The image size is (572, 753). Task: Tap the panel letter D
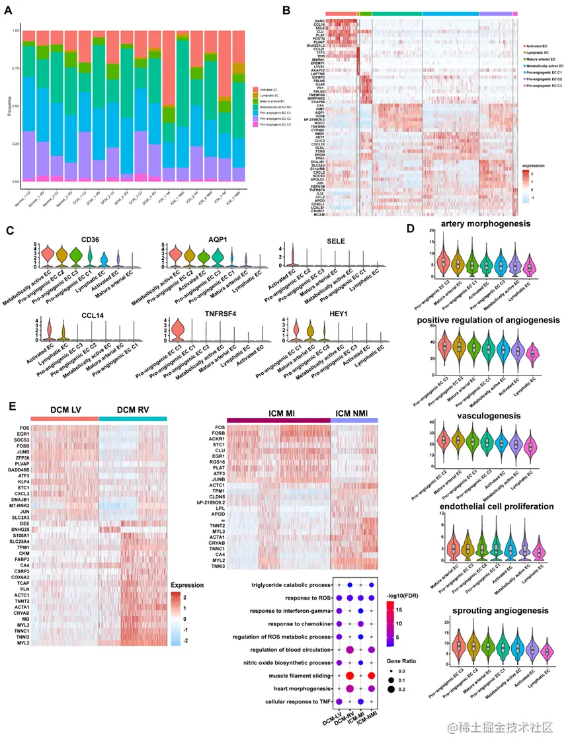pos(411,228)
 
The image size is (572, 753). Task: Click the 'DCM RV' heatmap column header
pos(133,410)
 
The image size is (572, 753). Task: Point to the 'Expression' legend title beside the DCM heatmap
pos(188,586)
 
